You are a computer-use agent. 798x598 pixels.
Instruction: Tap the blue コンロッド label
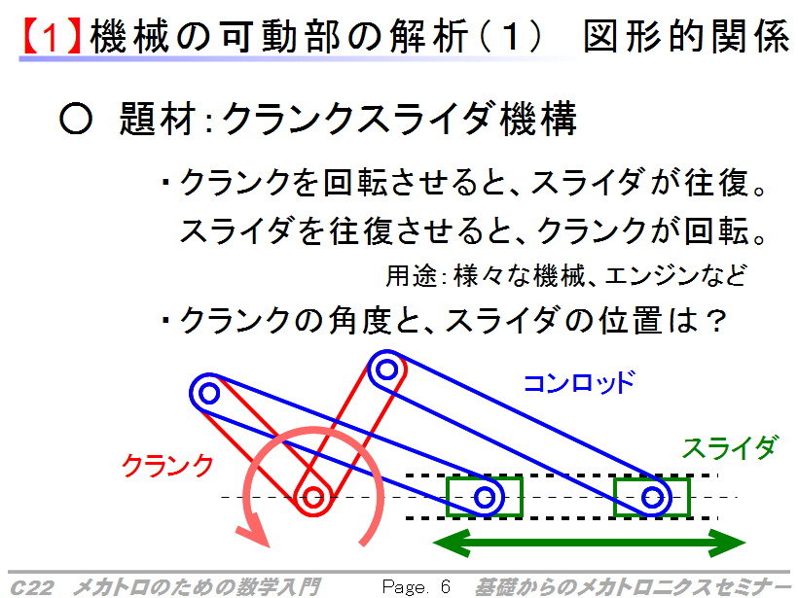pos(579,382)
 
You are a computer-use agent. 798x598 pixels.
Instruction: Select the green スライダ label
pos(729,447)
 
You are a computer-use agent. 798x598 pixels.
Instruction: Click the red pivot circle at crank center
pos(313,497)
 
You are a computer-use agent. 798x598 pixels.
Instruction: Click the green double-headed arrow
pos(589,543)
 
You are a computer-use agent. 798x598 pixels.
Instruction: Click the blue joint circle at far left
pos(208,393)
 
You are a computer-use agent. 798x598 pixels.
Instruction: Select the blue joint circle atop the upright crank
pos(386,369)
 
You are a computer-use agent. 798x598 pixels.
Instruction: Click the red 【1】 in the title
pos(50,37)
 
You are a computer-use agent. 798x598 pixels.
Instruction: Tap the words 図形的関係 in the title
pos(686,37)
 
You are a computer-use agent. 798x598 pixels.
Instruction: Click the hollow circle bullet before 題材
pos(76,119)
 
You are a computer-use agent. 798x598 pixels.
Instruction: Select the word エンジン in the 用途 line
pos(651,275)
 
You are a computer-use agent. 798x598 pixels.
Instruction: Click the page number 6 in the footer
pos(446,586)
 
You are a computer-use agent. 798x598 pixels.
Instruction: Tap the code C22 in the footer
pos(31,587)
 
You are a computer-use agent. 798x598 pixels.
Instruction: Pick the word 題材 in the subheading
pos(158,119)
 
